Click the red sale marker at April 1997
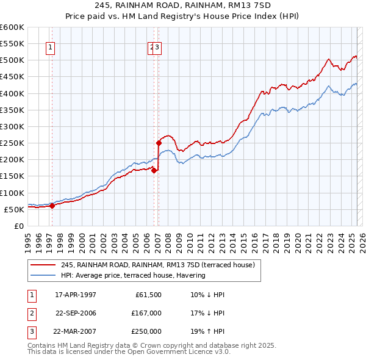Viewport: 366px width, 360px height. coord(52,206)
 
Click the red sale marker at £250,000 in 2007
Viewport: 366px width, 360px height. coord(159,143)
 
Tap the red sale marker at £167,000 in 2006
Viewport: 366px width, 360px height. coord(154,171)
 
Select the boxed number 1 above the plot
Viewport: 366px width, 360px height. coord(50,49)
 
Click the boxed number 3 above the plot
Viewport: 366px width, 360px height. coord(157,49)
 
